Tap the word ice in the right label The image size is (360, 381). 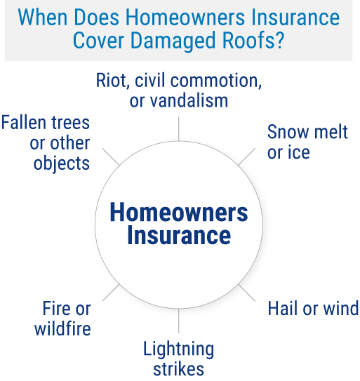299,152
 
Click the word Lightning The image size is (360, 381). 179,348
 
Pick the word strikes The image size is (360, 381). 179,368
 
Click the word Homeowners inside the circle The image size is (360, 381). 179,213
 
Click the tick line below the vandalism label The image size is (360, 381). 180,128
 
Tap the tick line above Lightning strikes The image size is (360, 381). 179,324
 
